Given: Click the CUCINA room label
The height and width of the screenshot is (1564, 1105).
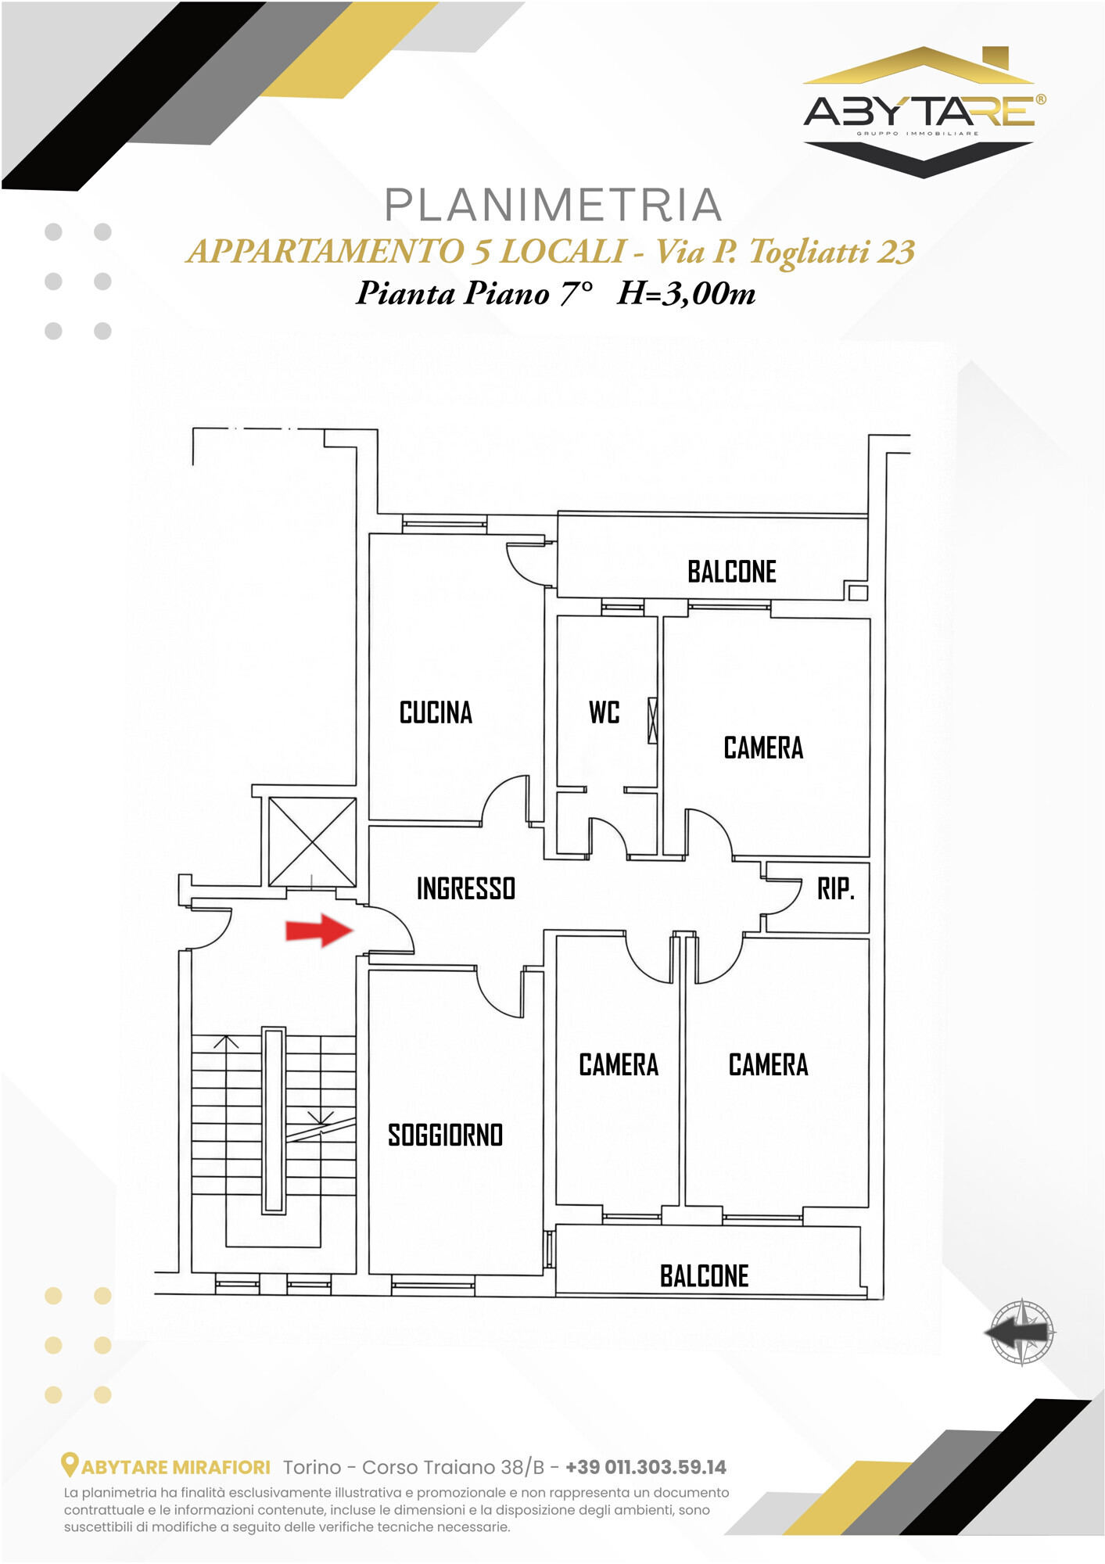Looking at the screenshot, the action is pyautogui.click(x=436, y=712).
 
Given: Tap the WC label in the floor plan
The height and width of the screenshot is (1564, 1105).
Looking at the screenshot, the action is pyautogui.click(x=604, y=712).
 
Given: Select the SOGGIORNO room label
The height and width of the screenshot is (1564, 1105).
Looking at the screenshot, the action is pyautogui.click(x=445, y=1135).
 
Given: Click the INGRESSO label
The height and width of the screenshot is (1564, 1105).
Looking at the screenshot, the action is pyautogui.click(x=466, y=888).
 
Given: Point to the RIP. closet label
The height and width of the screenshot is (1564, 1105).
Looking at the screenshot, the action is pyautogui.click(x=836, y=889).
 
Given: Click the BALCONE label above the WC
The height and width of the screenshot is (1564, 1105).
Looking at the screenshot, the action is pyautogui.click(x=732, y=572).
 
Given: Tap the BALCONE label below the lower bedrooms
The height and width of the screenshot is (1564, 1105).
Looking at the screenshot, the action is pyautogui.click(x=704, y=1276).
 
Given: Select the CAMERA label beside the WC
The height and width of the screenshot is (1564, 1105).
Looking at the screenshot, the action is pyautogui.click(x=763, y=748).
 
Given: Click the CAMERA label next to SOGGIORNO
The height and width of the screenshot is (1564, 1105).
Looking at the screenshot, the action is pyautogui.click(x=619, y=1064).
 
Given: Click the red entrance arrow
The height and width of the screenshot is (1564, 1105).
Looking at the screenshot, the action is pyautogui.click(x=320, y=930).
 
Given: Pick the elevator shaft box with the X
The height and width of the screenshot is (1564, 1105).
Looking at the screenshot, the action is pyautogui.click(x=312, y=842).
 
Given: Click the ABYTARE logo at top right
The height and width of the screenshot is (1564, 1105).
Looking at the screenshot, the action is pyautogui.click(x=924, y=112).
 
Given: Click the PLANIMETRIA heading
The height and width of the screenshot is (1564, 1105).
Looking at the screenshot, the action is pyautogui.click(x=553, y=205).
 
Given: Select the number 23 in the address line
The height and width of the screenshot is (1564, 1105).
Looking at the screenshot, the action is pyautogui.click(x=896, y=252).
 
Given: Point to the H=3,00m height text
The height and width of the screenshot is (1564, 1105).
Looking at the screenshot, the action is pyautogui.click(x=686, y=293).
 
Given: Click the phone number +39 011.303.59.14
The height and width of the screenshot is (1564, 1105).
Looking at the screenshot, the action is pyautogui.click(x=646, y=1467).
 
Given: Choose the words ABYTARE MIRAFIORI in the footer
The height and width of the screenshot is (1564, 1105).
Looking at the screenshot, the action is pyautogui.click(x=176, y=1467).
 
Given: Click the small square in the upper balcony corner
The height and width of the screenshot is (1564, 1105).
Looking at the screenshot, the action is pyautogui.click(x=858, y=592).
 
